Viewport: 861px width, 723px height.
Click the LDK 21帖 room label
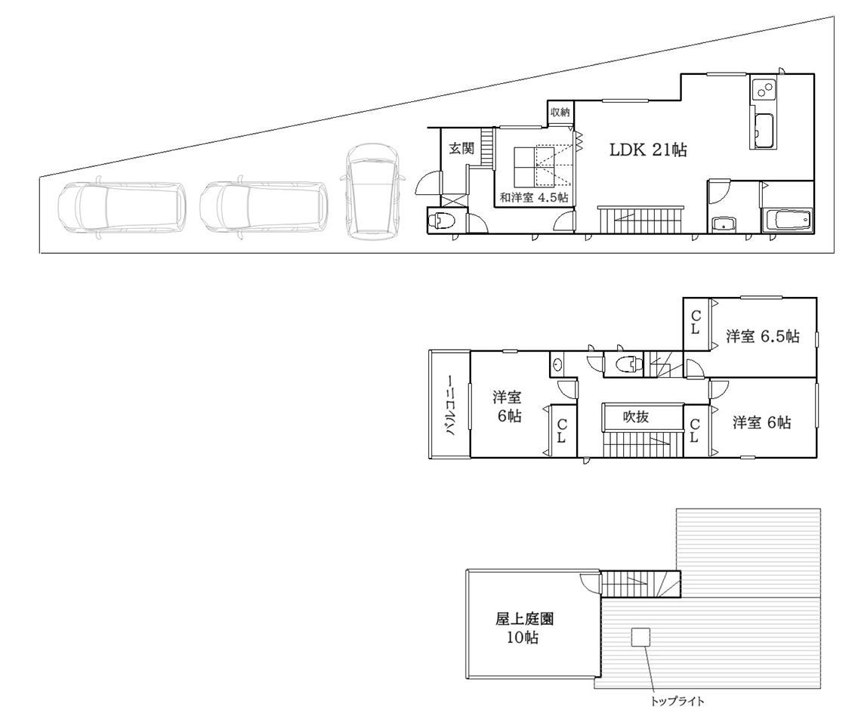pyautogui.click(x=648, y=150)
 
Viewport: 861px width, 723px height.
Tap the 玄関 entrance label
pyautogui.click(x=461, y=148)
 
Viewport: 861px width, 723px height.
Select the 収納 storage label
pyautogui.click(x=560, y=112)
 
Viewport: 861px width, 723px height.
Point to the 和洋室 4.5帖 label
pyautogui.click(x=534, y=197)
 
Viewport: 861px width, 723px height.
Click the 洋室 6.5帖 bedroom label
pyautogui.click(x=763, y=335)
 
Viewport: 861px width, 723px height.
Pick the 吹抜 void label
pyautogui.click(x=636, y=416)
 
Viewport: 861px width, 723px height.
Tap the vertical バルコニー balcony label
pyautogui.click(x=450, y=406)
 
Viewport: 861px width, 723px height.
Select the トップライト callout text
pyautogui.click(x=677, y=702)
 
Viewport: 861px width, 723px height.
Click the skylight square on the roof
pyautogui.click(x=640, y=638)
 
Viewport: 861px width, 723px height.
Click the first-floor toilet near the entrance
pyautogui.click(x=442, y=221)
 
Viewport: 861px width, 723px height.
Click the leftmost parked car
pyautogui.click(x=121, y=210)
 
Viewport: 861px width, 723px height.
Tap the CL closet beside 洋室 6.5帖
pyautogui.click(x=696, y=323)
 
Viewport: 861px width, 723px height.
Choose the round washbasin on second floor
pyautogui.click(x=557, y=364)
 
